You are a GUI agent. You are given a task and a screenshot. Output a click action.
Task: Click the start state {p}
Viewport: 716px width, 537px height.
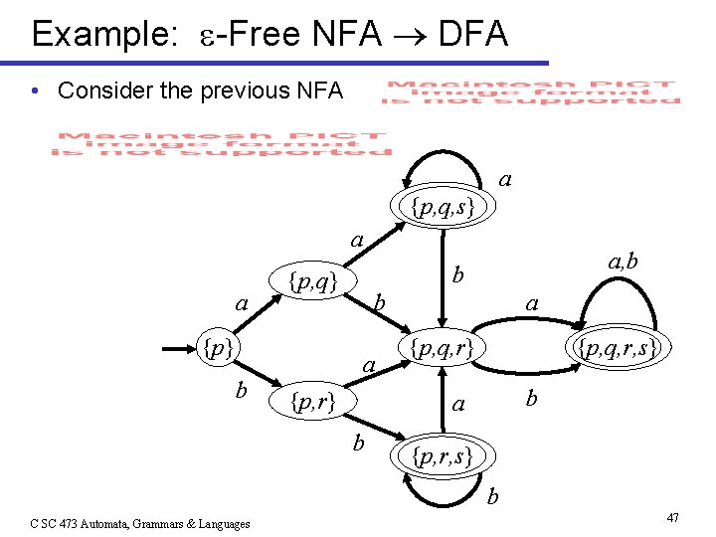(x=217, y=349)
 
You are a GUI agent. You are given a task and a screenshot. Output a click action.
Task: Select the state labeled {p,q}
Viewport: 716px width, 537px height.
(x=311, y=282)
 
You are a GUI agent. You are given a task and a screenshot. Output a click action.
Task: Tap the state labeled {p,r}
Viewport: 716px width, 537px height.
(x=310, y=402)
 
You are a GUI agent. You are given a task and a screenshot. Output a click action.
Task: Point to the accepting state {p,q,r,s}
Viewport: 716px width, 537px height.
(x=613, y=349)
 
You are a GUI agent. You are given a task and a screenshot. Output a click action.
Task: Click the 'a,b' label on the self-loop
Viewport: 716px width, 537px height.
(x=623, y=263)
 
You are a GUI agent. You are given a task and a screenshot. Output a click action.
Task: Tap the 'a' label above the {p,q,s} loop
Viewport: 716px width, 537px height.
(x=505, y=180)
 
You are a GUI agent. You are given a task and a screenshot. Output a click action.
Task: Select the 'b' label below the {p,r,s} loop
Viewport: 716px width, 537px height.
(x=493, y=494)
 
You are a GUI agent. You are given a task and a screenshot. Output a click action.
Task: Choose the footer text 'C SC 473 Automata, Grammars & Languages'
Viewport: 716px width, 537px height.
(x=140, y=523)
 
